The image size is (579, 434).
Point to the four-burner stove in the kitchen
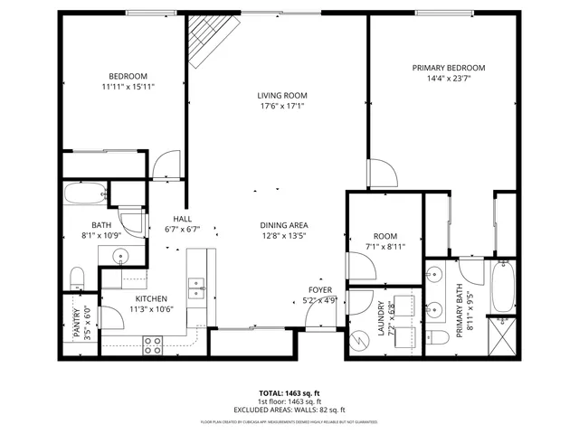click(x=153, y=344)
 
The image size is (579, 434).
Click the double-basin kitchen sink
click(x=195, y=288)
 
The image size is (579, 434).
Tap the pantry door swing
click(x=110, y=316)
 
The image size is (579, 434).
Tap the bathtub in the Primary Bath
click(x=502, y=285)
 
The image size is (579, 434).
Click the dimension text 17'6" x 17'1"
click(x=282, y=105)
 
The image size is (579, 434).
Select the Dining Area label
click(x=284, y=225)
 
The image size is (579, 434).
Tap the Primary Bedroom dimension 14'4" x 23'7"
click(x=449, y=78)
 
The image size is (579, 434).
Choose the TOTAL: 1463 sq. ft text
click(x=289, y=394)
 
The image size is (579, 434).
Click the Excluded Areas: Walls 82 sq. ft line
click(x=289, y=410)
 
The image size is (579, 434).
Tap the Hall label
click(x=183, y=219)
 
